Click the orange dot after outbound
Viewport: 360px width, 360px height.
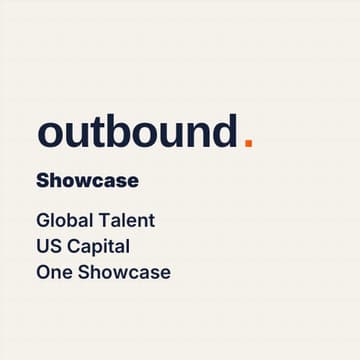(248, 143)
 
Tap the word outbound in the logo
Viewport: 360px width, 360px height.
(137, 132)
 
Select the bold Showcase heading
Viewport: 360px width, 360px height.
(87, 181)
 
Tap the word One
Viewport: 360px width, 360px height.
(53, 272)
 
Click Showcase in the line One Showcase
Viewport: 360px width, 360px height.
(124, 272)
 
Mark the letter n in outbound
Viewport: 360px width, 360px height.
(197, 134)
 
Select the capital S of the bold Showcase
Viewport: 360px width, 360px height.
(43, 181)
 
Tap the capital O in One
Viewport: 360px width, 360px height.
(43, 272)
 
